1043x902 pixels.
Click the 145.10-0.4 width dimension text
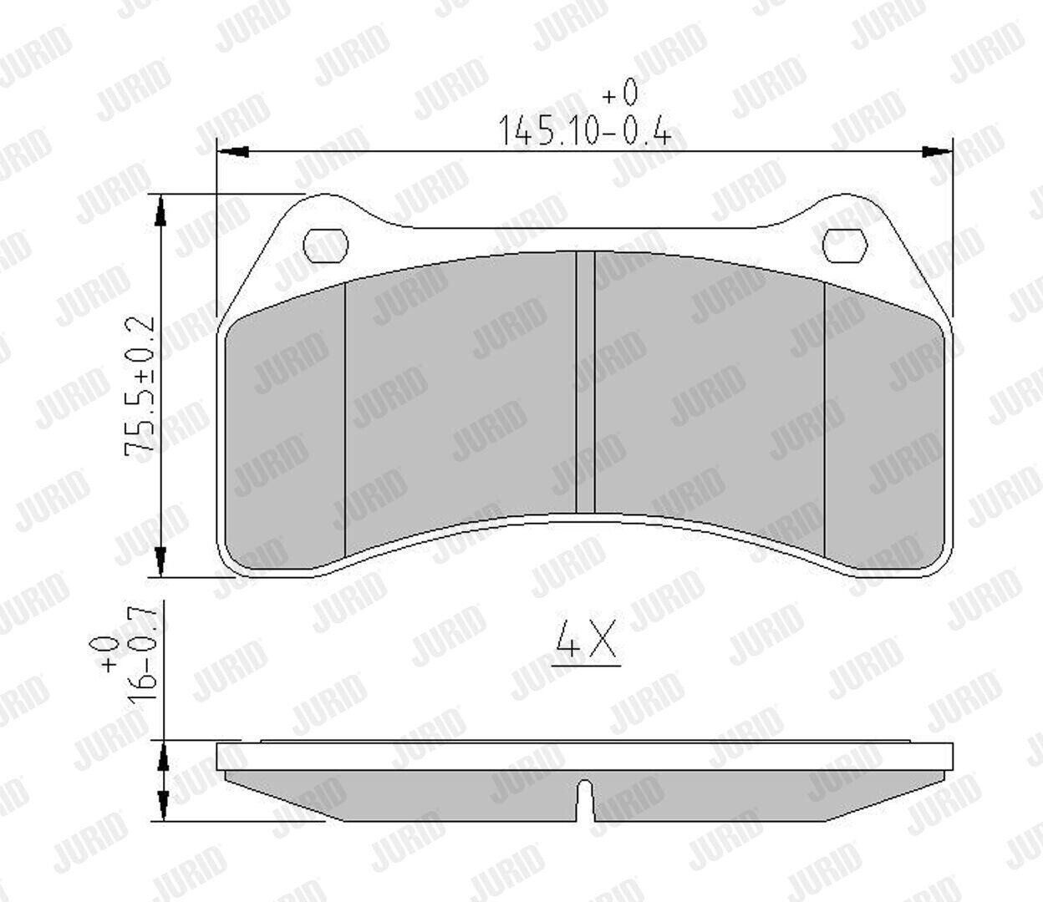click(x=585, y=130)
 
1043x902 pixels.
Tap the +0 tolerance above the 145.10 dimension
click(x=620, y=92)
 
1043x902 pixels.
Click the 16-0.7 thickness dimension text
click(x=140, y=655)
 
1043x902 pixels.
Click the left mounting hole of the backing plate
click(x=325, y=246)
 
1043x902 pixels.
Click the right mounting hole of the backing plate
click(x=845, y=246)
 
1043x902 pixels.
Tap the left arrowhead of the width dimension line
click(x=232, y=151)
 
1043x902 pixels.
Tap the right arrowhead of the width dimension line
click(x=937, y=151)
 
